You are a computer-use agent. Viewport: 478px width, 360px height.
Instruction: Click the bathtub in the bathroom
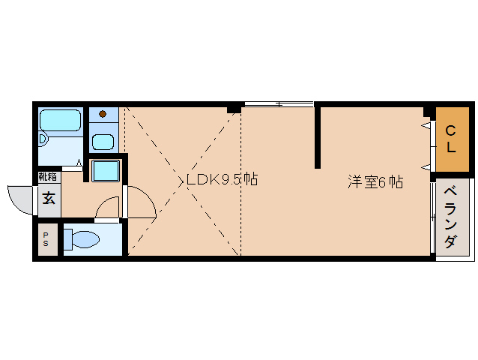click(x=61, y=120)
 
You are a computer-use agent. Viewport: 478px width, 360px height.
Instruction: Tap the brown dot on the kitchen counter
click(x=103, y=114)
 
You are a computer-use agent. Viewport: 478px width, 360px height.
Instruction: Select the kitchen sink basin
click(x=103, y=142)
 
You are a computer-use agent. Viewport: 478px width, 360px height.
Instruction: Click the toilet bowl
click(x=86, y=239)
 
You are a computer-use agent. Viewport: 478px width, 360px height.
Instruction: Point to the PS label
click(x=46, y=239)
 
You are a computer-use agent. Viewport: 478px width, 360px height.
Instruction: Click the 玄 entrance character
click(x=49, y=198)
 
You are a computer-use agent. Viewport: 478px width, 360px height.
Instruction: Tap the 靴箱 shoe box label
click(x=47, y=177)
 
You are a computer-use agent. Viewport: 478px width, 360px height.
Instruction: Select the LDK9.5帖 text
click(x=222, y=180)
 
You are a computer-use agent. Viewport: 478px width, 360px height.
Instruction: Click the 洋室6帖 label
click(x=375, y=182)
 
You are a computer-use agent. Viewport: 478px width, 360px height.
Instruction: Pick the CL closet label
click(x=450, y=139)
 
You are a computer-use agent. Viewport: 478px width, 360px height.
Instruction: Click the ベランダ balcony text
click(x=450, y=217)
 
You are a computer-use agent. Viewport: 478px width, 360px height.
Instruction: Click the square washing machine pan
click(x=106, y=171)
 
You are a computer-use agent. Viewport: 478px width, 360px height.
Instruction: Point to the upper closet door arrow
click(x=426, y=125)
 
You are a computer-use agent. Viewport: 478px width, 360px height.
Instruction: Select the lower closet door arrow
click(x=426, y=167)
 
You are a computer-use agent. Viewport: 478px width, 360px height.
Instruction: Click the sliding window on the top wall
click(x=279, y=104)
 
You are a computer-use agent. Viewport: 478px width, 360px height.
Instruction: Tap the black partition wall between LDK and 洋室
click(x=318, y=136)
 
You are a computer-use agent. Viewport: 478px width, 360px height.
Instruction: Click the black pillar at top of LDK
click(x=234, y=109)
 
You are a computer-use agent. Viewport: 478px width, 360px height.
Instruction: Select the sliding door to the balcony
click(x=433, y=217)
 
